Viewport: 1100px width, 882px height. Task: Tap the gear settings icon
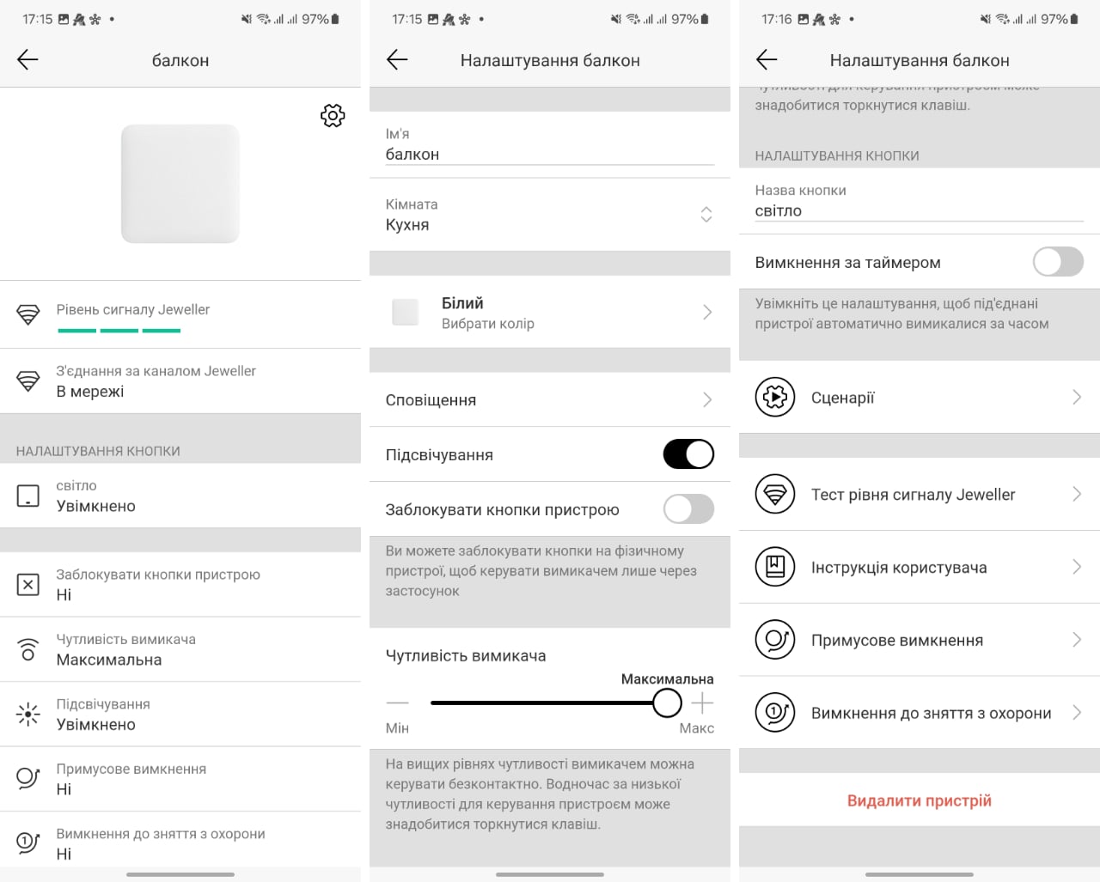tap(333, 115)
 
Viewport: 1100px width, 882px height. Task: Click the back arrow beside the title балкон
tap(27, 60)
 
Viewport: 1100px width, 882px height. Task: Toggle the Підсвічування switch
tap(688, 453)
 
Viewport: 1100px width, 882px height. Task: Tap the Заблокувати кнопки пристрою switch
tap(688, 509)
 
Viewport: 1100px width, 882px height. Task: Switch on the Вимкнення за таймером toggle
tap(1058, 262)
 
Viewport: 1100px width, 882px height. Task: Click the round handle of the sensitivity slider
tap(667, 703)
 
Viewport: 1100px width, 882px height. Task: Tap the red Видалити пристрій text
tap(919, 800)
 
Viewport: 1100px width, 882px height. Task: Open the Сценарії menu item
tap(842, 398)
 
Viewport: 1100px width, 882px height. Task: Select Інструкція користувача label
tap(899, 567)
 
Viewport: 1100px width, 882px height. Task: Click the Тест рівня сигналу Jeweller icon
tap(775, 494)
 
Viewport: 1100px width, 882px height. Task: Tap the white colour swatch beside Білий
tap(406, 313)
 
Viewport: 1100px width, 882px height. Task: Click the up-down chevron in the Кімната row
tap(706, 215)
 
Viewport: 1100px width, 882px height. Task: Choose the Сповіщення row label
tap(431, 400)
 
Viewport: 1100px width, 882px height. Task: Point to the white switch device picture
tap(180, 184)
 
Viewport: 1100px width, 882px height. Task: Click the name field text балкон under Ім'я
tap(412, 155)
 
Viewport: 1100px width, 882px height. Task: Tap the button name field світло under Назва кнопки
tap(778, 210)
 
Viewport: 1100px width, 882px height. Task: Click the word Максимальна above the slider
tap(667, 679)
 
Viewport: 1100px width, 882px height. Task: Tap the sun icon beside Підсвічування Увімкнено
tap(28, 714)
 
